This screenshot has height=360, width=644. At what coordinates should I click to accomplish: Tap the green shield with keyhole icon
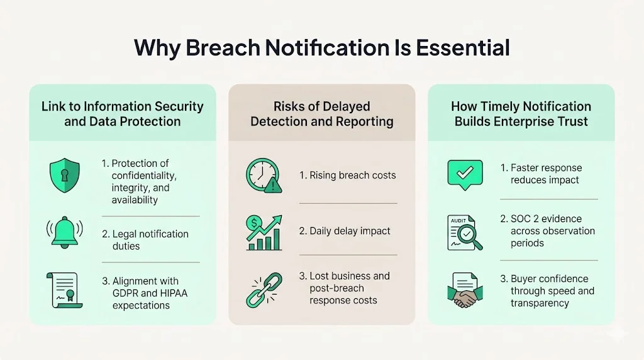coord(65,176)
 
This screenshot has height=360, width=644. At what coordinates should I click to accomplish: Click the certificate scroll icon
coord(65,290)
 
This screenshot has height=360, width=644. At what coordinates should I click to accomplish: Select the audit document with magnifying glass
coord(465,231)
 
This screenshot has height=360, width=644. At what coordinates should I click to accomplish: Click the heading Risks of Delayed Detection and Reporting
coord(321,114)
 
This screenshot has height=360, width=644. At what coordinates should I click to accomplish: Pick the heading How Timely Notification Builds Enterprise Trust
coord(521,114)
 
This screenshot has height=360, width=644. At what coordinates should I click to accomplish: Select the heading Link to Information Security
coord(123,107)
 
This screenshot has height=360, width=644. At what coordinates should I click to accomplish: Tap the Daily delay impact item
coord(345,231)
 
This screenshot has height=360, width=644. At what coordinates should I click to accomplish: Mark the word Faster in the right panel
coord(526,168)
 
